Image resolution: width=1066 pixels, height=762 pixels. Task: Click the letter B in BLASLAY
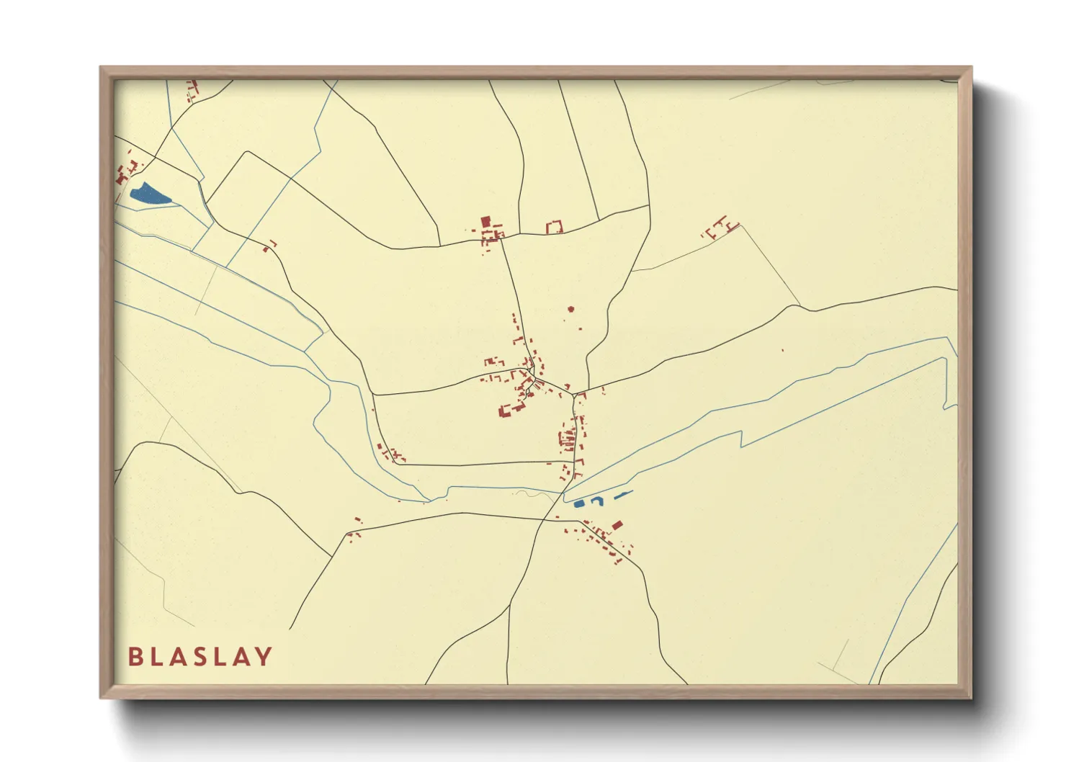click(x=135, y=657)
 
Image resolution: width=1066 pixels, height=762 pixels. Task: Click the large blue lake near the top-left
click(x=148, y=194)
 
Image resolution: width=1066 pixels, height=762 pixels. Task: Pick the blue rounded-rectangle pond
click(x=579, y=503)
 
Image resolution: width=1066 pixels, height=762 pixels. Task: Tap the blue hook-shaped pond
click(x=597, y=501)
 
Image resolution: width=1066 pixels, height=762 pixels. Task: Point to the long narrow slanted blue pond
click(x=622, y=495)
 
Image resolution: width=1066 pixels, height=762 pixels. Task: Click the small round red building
click(x=571, y=309)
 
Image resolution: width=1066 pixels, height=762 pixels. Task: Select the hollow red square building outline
click(x=554, y=228)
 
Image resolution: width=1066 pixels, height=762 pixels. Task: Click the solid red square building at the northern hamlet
click(x=485, y=221)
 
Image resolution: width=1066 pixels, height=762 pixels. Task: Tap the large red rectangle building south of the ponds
click(x=617, y=525)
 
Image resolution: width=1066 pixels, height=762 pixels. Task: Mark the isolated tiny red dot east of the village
click(x=782, y=351)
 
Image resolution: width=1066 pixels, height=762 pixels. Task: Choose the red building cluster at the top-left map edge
click(x=192, y=90)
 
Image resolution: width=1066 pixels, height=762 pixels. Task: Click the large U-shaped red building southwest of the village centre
click(x=511, y=410)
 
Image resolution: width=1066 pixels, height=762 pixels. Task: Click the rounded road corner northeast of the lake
click(x=247, y=153)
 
